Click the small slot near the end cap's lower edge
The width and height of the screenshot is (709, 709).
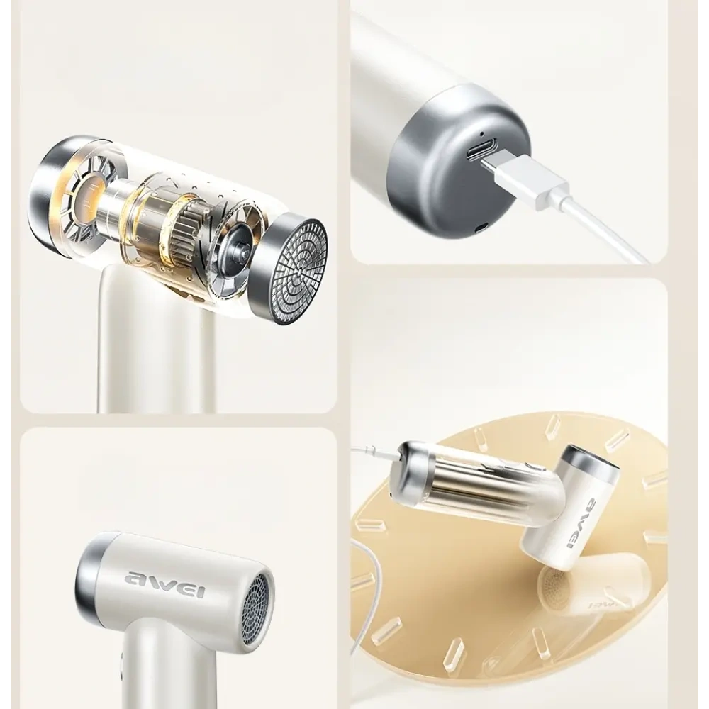482,227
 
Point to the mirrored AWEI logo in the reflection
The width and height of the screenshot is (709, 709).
601,605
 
